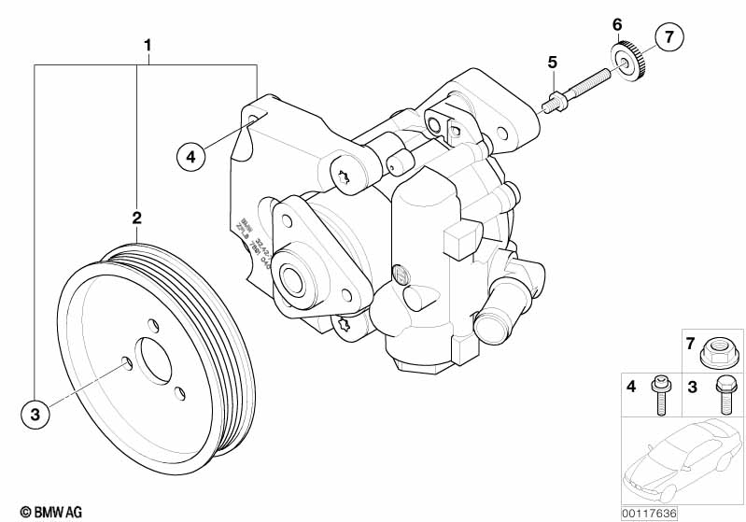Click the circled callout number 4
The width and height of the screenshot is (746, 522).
point(190,157)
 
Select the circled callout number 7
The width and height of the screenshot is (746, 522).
point(669,38)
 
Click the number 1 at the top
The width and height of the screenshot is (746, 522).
point(147,44)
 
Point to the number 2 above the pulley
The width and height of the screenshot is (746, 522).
point(136,218)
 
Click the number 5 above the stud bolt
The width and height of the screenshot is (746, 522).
point(552,62)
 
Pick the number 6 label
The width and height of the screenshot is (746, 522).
point(616,23)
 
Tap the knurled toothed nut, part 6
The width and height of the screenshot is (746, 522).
point(627,60)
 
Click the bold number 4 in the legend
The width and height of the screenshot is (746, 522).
point(630,385)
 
